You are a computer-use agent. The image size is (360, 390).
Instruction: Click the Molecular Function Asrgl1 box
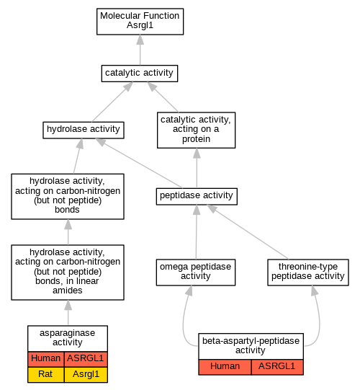click(140, 22)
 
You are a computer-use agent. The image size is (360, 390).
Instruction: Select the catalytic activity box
click(140, 74)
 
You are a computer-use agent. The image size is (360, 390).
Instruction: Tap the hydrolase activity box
click(84, 130)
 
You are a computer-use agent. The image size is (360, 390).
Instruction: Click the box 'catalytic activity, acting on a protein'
click(197, 130)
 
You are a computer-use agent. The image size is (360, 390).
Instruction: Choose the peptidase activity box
click(197, 197)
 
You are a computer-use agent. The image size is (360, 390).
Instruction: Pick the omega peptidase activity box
click(196, 272)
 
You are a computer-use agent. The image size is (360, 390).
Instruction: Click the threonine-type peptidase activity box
click(308, 272)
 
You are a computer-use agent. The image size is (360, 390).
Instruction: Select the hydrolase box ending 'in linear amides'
click(68, 272)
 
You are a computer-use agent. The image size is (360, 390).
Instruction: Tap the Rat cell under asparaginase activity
click(46, 374)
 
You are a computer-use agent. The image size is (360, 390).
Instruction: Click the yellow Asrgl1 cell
click(86, 374)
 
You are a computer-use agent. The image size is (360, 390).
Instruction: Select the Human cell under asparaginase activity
click(46, 359)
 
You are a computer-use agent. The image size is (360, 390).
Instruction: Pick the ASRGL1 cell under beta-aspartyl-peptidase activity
click(277, 367)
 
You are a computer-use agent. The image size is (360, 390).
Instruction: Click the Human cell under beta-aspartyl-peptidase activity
click(225, 367)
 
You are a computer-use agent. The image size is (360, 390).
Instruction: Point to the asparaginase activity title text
click(68, 337)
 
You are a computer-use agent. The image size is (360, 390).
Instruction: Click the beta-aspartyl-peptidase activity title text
click(251, 345)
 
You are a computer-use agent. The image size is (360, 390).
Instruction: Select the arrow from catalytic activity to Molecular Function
click(140, 50)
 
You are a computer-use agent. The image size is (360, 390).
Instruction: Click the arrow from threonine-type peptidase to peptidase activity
click(248, 232)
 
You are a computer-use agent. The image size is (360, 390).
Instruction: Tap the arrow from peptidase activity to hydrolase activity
click(139, 163)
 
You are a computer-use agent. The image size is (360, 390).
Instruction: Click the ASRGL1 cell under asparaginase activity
click(86, 359)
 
